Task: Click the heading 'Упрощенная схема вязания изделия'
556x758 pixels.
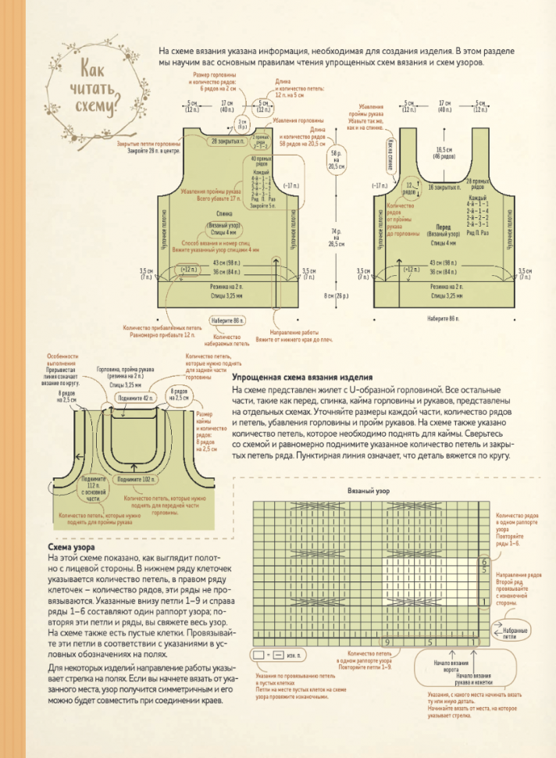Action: (x=296, y=377)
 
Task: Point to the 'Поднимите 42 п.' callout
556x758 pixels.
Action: (x=135, y=399)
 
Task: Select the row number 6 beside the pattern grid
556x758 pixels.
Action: (x=485, y=562)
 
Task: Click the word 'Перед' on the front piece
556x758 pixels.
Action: (x=444, y=227)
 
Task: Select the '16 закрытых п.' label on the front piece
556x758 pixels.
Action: (x=444, y=188)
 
